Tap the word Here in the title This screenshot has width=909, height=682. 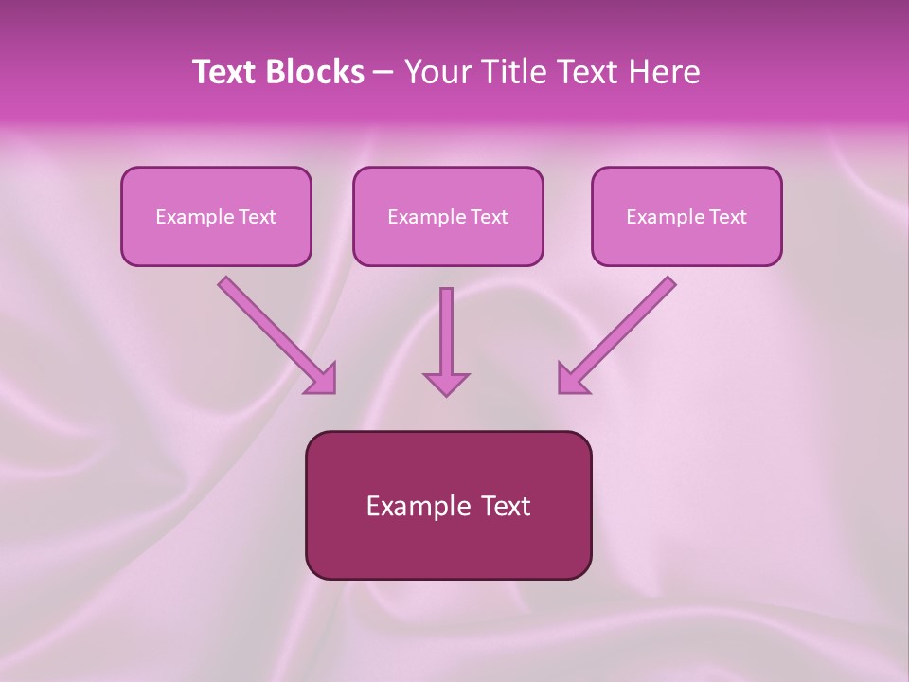click(x=665, y=72)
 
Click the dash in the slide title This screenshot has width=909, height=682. click(x=383, y=73)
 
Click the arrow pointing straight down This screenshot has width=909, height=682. click(x=446, y=336)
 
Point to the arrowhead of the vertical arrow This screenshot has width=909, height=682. click(x=446, y=384)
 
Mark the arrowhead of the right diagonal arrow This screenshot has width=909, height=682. click(x=572, y=379)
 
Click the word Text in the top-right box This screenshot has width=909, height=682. click(x=728, y=217)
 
